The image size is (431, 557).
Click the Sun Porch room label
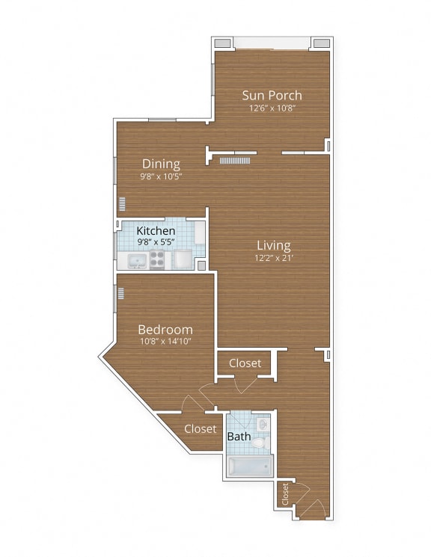pos(272,95)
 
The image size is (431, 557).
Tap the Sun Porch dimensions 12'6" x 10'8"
pos(272,108)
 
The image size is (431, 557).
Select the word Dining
pos(161,164)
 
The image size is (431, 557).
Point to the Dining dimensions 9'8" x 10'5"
pos(161,176)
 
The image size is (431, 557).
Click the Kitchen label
pos(156,231)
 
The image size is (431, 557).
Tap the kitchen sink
pos(137,261)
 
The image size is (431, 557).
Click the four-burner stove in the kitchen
pos(158,259)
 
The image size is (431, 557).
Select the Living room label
pos(273,244)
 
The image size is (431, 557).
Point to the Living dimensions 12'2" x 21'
pos(273,258)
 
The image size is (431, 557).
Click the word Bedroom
pos(165,329)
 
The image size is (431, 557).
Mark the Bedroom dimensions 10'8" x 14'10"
pos(165,342)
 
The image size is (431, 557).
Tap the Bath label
pos(239,436)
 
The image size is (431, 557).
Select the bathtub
pos(250,467)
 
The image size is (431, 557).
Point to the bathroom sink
pos(262,423)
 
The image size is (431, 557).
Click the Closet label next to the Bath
pos(200,429)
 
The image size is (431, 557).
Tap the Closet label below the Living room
pos(245,363)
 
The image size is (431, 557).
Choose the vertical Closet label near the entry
pos(286,493)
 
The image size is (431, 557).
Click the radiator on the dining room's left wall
pos(121,203)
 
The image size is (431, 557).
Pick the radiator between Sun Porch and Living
pos(233,160)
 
